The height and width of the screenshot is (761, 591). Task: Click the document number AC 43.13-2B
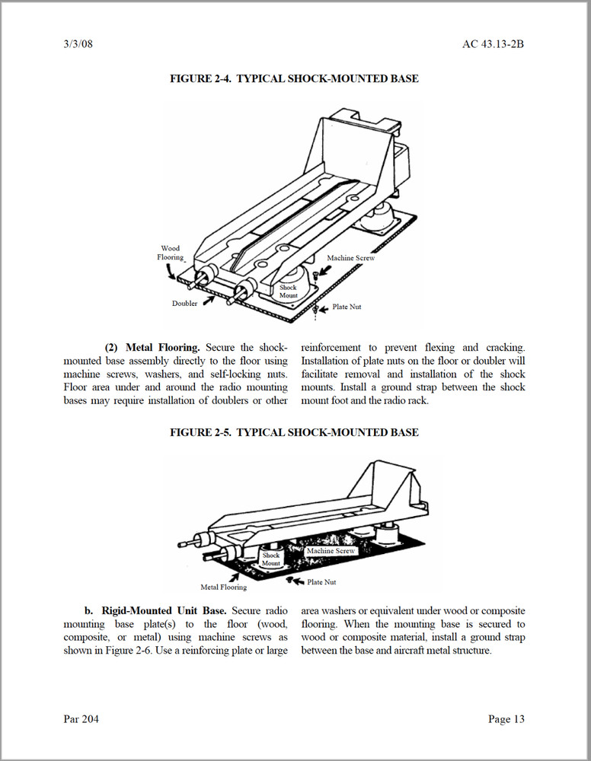493,43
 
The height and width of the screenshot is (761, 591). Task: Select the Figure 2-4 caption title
294,78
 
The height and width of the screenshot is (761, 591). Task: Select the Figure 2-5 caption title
294,432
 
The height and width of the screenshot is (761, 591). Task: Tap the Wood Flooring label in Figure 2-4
171,253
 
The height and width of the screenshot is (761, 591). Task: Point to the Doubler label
184,303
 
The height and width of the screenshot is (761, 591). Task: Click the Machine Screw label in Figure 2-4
351,258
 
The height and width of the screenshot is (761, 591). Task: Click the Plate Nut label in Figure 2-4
347,307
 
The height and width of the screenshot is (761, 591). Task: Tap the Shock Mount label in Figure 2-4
289,291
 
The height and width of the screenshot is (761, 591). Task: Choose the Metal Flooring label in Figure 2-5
223,587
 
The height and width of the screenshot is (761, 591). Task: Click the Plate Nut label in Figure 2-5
321,582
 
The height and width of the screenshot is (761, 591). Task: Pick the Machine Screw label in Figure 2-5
331,550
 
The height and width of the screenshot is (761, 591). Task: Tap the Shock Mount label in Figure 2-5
271,559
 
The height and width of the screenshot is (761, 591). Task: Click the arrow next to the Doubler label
207,301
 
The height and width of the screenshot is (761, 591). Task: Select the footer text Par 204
81,719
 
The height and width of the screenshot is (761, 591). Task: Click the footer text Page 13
506,719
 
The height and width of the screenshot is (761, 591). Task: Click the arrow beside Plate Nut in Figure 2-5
295,581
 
